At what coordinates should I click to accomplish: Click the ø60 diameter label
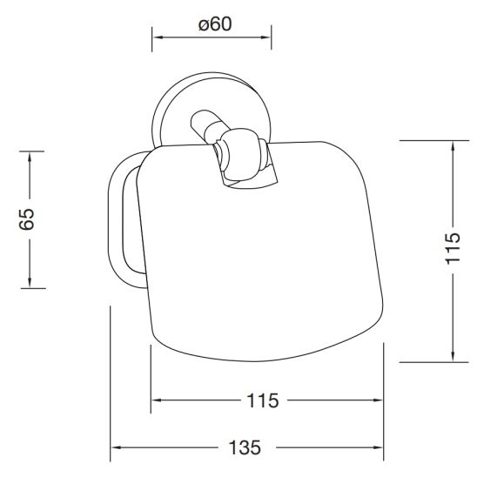pos(215,24)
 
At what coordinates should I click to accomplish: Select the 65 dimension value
pos(27,219)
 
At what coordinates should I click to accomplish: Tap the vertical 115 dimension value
pos(453,249)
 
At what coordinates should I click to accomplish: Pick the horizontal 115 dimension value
pos(263,400)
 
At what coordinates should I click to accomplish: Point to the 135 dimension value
pos(245,447)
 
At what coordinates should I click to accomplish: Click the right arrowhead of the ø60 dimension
pos(265,37)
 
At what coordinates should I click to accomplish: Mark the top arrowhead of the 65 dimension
pos(30,158)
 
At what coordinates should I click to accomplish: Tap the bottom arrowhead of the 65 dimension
pos(30,282)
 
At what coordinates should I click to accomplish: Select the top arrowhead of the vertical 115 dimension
pos(453,147)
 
